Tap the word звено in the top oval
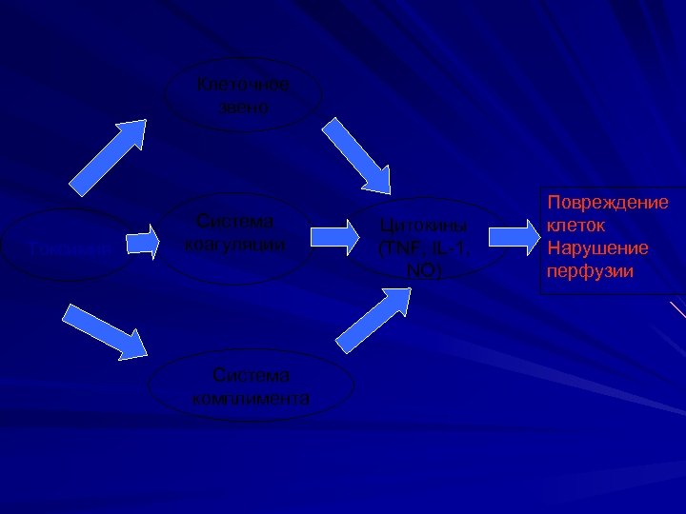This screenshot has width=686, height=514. (x=247, y=107)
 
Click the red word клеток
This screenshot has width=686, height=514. (x=575, y=227)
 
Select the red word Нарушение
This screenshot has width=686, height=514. (x=597, y=248)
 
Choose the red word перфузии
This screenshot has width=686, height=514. (x=590, y=271)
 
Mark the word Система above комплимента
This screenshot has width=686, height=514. (x=252, y=376)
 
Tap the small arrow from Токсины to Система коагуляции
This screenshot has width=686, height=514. (x=143, y=242)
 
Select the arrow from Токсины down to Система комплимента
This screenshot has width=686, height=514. (x=108, y=328)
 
